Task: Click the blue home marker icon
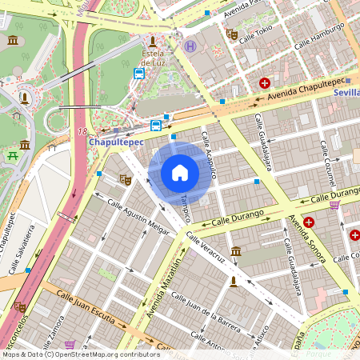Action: tap(180, 173)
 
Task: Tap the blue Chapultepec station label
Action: tap(115, 142)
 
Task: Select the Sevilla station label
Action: tap(346, 92)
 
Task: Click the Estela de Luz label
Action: tap(153, 58)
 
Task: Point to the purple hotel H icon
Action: tap(190, 46)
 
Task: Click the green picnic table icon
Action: tap(13, 155)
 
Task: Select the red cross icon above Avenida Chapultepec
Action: tap(264, 82)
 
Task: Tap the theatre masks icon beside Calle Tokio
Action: tap(232, 34)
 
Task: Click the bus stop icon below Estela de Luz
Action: tap(139, 74)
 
